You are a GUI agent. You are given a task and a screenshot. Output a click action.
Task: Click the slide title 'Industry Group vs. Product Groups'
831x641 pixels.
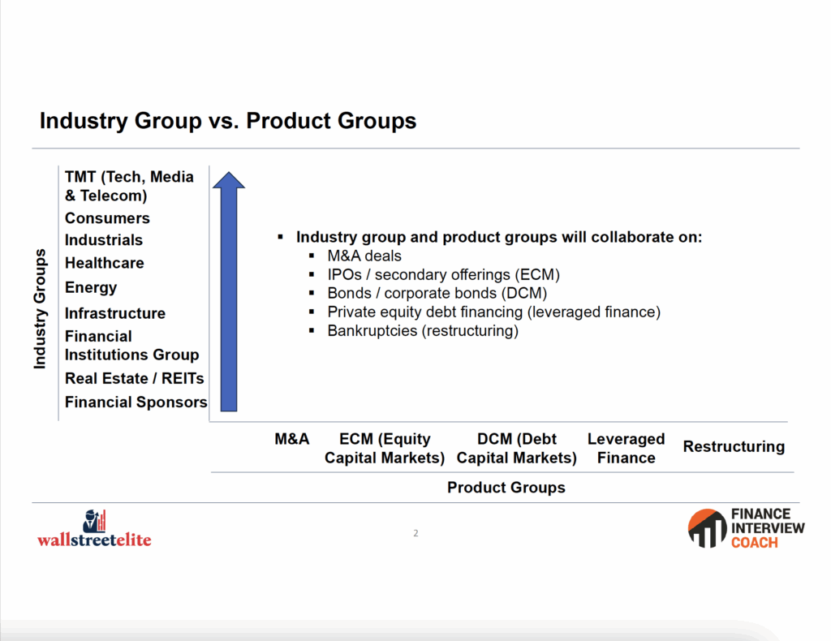pyautogui.click(x=228, y=121)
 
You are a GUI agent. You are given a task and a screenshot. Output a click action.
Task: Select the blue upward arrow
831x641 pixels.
pyautogui.click(x=229, y=291)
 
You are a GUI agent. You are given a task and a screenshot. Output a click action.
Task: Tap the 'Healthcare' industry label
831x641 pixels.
pyautogui.click(x=105, y=263)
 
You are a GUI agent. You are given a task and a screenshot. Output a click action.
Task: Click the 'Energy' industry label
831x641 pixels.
pyautogui.click(x=91, y=288)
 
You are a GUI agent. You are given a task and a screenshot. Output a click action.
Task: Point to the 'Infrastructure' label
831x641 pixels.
pyautogui.click(x=115, y=313)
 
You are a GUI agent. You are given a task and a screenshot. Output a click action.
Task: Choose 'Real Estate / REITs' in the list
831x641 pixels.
pyautogui.click(x=134, y=378)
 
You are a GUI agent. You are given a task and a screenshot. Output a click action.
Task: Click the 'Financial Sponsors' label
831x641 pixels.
pyautogui.click(x=136, y=402)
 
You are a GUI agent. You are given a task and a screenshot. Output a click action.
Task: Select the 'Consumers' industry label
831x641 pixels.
pyautogui.click(x=107, y=217)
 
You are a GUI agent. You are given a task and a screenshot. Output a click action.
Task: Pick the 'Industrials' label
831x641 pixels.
pyautogui.click(x=104, y=240)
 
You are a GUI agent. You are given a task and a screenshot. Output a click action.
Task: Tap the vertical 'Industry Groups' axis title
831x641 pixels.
pyautogui.click(x=40, y=309)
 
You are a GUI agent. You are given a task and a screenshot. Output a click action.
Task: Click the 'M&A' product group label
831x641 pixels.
pyautogui.click(x=292, y=439)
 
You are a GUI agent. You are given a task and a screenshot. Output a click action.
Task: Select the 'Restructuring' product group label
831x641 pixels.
pyautogui.click(x=734, y=446)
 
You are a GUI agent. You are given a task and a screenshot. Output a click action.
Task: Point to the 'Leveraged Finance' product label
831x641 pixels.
pyautogui.click(x=626, y=448)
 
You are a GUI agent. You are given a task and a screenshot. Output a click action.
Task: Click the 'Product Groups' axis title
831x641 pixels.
pyautogui.click(x=506, y=488)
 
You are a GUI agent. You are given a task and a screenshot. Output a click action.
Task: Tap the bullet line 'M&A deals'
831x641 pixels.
pyautogui.click(x=364, y=256)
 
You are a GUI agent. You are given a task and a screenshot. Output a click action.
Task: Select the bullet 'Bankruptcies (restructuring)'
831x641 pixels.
pyautogui.click(x=423, y=330)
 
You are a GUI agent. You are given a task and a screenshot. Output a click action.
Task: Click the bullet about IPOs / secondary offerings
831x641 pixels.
pyautogui.click(x=444, y=274)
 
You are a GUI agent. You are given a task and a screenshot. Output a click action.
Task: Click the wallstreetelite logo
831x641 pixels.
pyautogui.click(x=94, y=529)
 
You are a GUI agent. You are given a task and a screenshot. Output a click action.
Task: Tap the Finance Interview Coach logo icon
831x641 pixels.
pyautogui.click(x=707, y=528)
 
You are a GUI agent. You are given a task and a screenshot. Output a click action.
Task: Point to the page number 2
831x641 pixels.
pyautogui.click(x=416, y=533)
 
